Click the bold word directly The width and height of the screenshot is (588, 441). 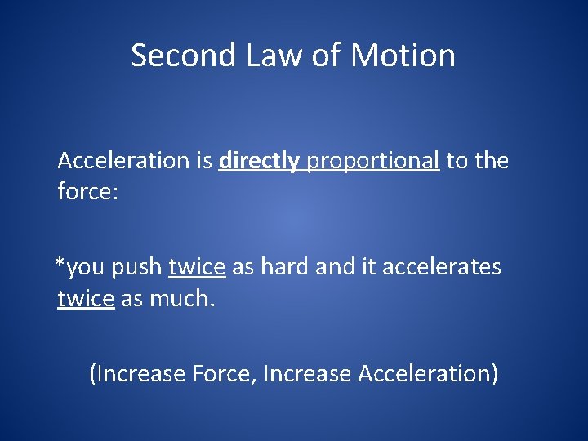click(260, 161)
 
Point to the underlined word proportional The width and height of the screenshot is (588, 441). click(373, 161)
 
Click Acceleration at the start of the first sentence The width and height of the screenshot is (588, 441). click(123, 161)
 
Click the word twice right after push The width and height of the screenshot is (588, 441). click(197, 267)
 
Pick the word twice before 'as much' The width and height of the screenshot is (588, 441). click(86, 299)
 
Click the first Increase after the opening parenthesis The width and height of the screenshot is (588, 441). click(141, 374)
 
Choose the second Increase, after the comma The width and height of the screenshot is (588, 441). click(308, 374)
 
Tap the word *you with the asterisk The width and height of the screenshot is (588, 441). click(79, 267)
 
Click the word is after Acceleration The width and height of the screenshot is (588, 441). click(204, 161)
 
